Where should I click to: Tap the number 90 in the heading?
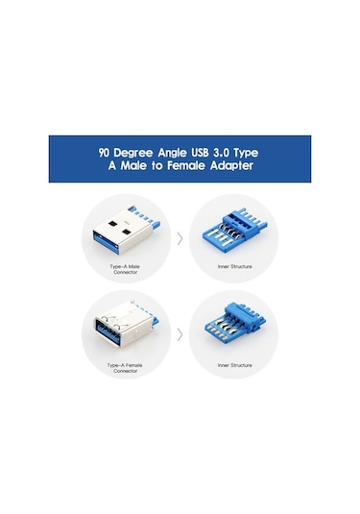105,152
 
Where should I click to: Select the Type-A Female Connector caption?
126,367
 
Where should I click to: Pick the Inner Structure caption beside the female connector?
234,365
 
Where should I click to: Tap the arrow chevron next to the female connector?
180,335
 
